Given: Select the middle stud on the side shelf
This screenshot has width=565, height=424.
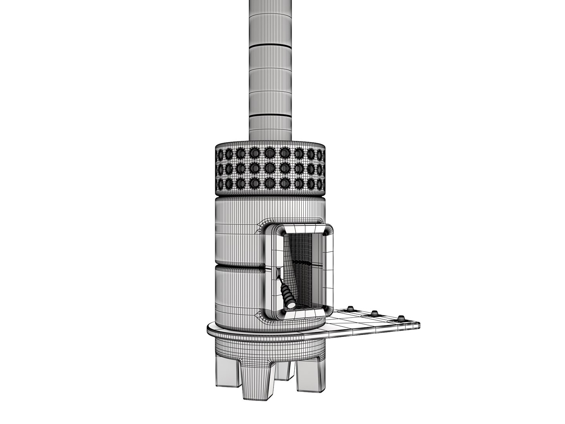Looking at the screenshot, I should (375, 313).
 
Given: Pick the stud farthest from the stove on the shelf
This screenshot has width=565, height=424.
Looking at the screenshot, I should (401, 318).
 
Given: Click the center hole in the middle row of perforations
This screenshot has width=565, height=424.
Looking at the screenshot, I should (270, 168).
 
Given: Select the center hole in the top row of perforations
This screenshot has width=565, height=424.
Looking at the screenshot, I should (270, 152).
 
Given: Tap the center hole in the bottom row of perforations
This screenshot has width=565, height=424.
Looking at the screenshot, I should (270, 183).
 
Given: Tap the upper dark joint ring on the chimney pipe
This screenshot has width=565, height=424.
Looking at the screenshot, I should (270, 46).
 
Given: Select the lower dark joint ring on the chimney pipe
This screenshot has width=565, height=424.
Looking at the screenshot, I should (270, 115).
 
